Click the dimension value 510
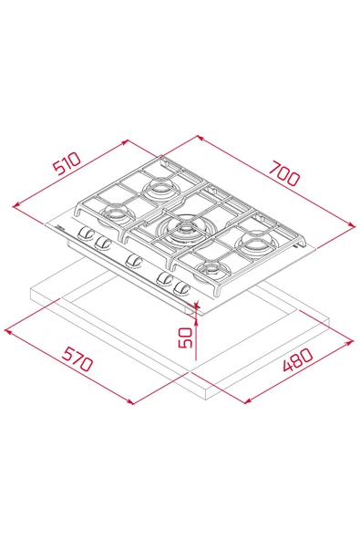(x=67, y=163)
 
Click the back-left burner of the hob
(x=160, y=189)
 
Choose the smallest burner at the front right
(x=213, y=268)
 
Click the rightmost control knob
(x=182, y=288)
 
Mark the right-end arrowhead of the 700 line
(x=354, y=223)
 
